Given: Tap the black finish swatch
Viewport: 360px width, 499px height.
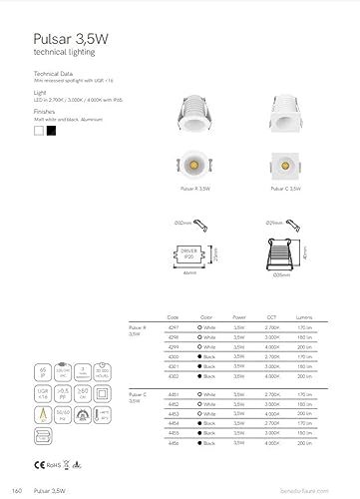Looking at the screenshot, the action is click(51, 129).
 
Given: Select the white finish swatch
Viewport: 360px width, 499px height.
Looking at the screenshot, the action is click(38, 129).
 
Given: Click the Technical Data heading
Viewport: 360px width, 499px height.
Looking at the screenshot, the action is click(54, 74).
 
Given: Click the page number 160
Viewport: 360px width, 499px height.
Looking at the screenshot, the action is click(17, 492).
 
